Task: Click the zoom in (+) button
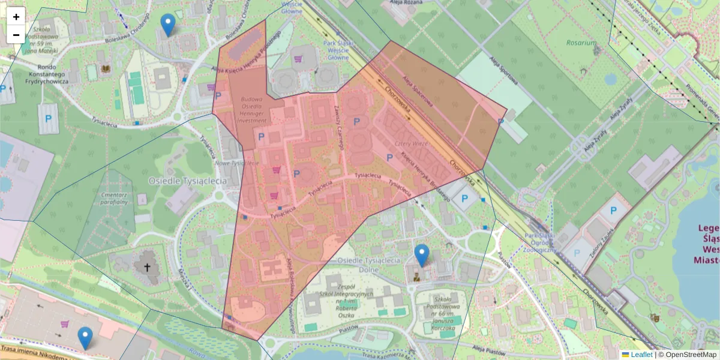[16, 17]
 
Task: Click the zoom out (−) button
[16, 35]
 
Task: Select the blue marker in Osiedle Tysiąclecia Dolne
[422, 255]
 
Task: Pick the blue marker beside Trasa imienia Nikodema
[86, 338]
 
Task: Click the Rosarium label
[581, 43]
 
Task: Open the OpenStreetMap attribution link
[687, 355]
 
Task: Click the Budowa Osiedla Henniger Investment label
[252, 110]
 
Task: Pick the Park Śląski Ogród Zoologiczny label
[539, 243]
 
